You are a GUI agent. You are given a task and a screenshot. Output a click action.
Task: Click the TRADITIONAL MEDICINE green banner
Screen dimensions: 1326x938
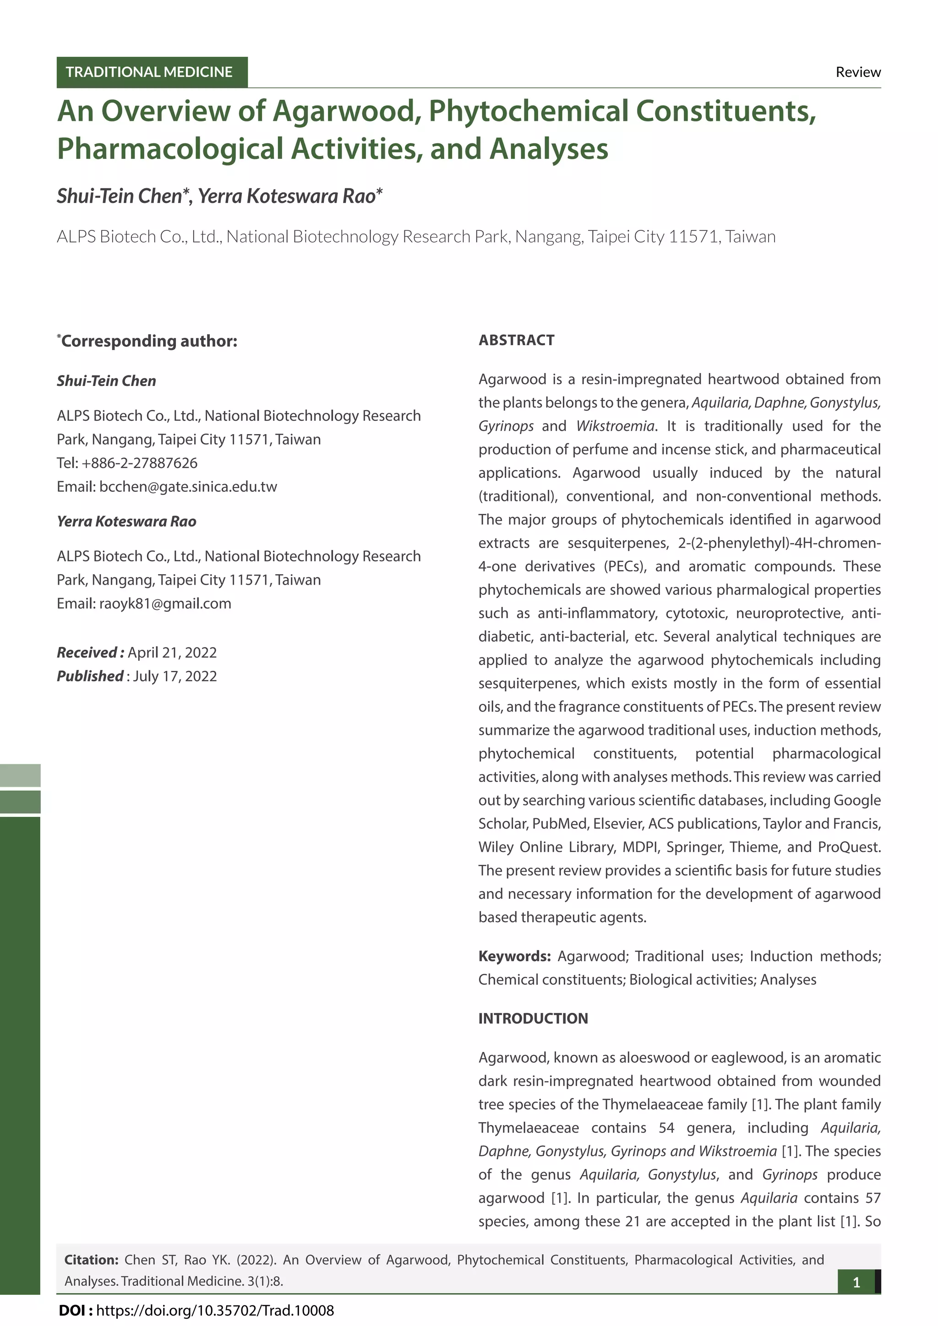[x=151, y=72]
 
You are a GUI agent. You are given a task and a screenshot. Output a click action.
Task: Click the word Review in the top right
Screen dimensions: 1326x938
[x=858, y=72]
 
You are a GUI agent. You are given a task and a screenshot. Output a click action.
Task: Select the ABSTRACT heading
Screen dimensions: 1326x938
[x=516, y=340]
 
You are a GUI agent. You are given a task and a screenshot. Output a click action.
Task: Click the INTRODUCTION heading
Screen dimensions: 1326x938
[x=533, y=1018]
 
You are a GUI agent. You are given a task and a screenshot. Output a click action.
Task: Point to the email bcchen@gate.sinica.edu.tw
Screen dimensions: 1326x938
[x=188, y=486]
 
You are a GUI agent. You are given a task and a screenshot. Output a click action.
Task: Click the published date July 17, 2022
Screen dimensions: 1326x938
[x=175, y=676]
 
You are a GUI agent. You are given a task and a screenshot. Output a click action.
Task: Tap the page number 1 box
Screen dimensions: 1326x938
[x=856, y=1282]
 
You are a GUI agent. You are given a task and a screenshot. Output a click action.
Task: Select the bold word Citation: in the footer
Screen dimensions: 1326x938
[x=91, y=1260]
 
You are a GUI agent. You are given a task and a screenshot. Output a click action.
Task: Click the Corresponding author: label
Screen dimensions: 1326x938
[x=149, y=341]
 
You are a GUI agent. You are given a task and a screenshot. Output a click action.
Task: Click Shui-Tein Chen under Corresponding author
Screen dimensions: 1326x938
[x=106, y=380]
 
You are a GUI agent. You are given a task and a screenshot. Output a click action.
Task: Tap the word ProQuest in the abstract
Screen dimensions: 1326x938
[x=849, y=847]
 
